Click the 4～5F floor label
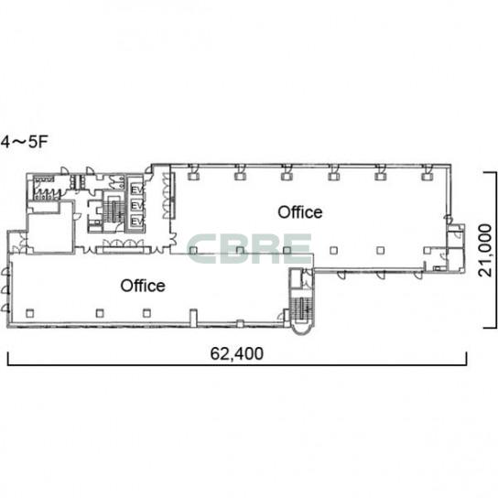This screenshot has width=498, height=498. click(x=24, y=142)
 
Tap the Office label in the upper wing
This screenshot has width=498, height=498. click(x=300, y=212)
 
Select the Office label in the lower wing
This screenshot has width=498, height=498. click(x=143, y=286)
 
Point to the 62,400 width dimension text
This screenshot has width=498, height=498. click(x=237, y=353)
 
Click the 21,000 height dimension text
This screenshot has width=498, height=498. click(x=486, y=250)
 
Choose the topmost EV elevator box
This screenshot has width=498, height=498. click(x=137, y=189)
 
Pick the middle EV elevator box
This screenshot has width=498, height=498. click(x=137, y=206)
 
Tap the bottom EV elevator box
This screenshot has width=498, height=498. click(x=137, y=221)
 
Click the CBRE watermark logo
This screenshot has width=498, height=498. click(x=250, y=249)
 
